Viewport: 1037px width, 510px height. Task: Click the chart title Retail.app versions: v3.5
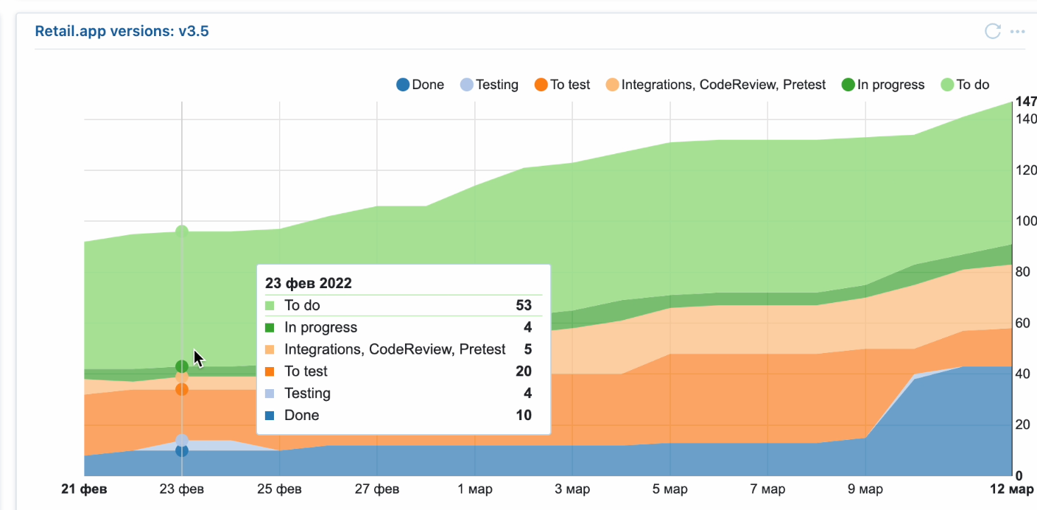[x=122, y=32]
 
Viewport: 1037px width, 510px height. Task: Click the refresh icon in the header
[x=992, y=31]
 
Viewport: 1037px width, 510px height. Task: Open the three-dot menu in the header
[x=1017, y=32]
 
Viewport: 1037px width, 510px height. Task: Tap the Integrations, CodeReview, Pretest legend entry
[x=715, y=85]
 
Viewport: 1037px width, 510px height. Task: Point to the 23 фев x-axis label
[x=182, y=489]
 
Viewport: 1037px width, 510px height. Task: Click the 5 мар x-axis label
[x=669, y=489]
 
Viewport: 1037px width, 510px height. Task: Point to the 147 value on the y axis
[x=1025, y=102]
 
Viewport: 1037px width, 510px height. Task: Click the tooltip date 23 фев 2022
[x=309, y=283]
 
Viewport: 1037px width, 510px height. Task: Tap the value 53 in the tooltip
[x=524, y=305]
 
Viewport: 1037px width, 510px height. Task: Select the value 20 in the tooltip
[x=524, y=371]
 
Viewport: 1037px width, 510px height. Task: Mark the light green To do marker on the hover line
[x=182, y=231]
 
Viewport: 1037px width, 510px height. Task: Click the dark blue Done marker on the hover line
[x=182, y=450]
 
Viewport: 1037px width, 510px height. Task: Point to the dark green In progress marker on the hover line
[x=182, y=366]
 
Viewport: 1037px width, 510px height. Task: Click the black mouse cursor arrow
[x=198, y=358]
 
